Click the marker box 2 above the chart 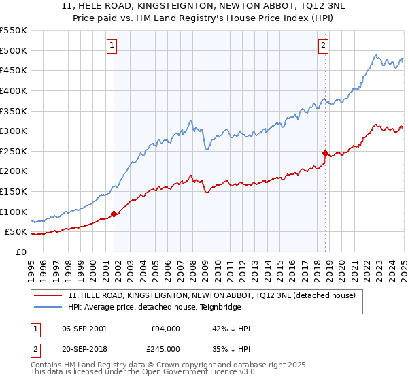[x=324, y=46]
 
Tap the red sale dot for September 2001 [x=114, y=214]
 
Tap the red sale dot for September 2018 [x=325, y=153]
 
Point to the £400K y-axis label [x=14, y=90]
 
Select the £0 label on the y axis [x=21, y=252]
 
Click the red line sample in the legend [x=48, y=296]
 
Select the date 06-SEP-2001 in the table [x=84, y=329]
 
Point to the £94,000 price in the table [x=165, y=329]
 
